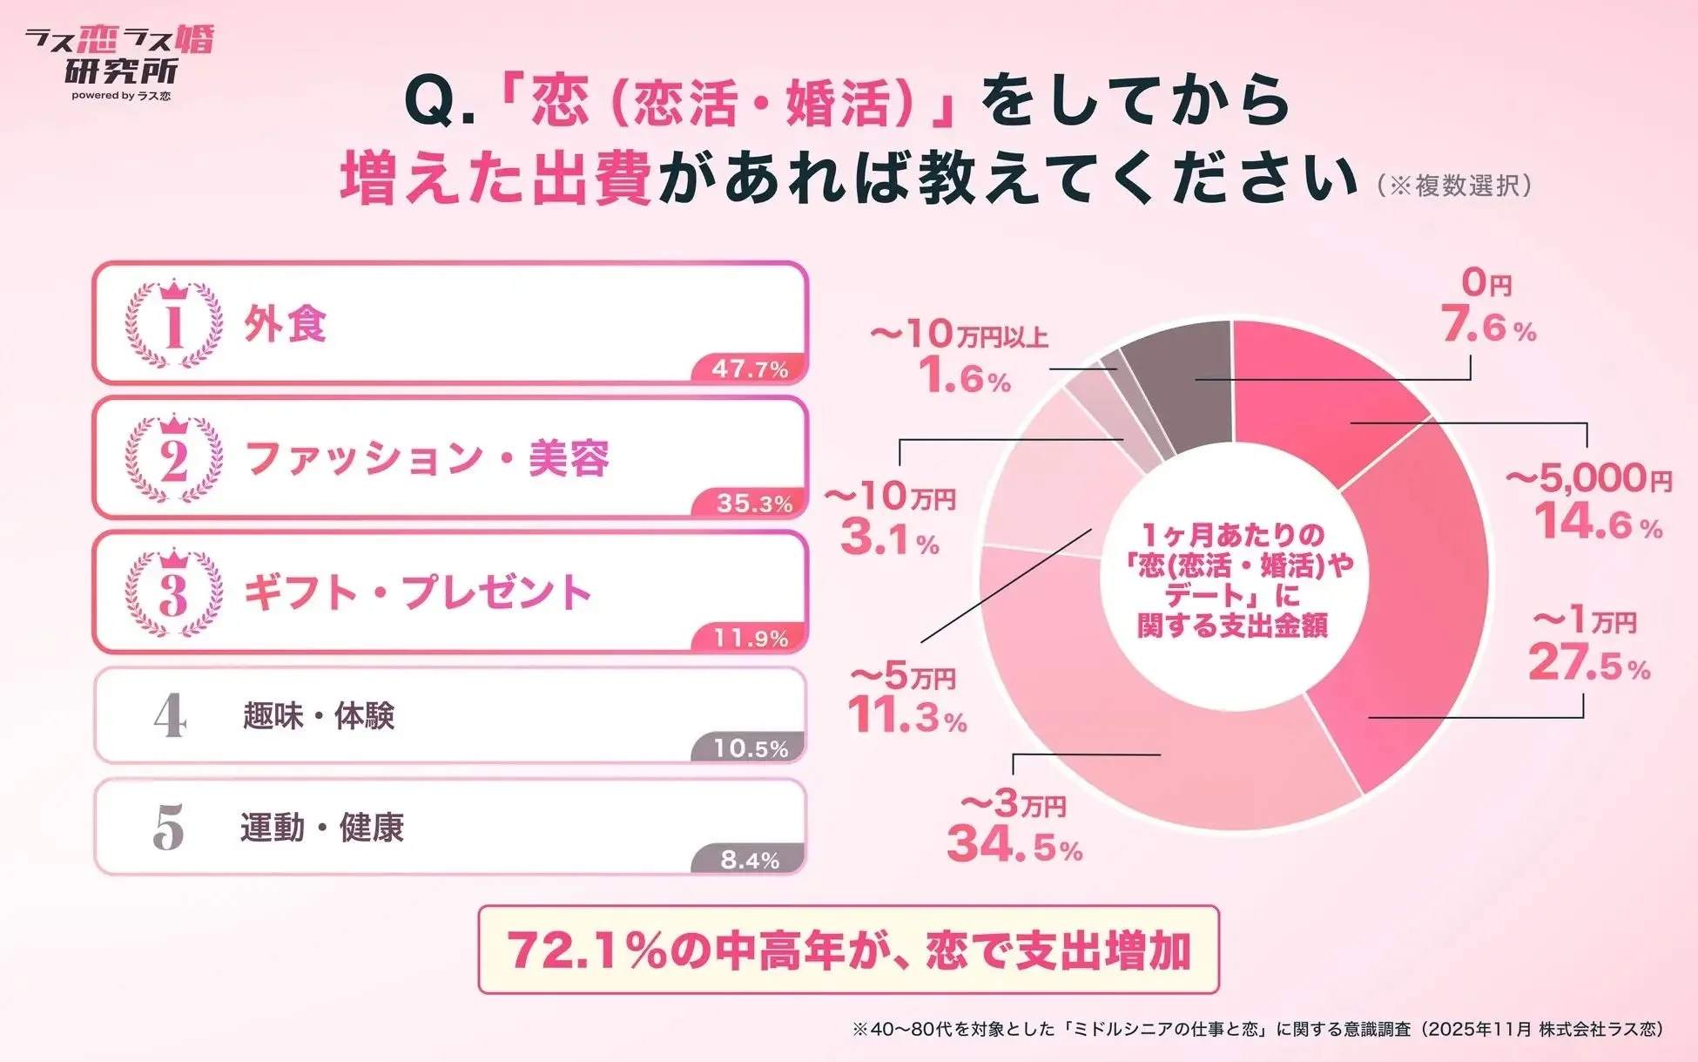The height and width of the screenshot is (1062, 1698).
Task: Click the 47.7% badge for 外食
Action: point(750,369)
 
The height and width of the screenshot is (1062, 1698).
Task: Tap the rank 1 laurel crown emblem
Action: point(174,324)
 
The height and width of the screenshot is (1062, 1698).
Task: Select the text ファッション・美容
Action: point(427,458)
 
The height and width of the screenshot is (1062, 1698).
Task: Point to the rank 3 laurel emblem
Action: point(174,593)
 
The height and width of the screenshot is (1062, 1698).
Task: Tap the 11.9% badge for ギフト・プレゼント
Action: point(751,639)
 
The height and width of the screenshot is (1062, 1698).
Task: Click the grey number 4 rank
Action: point(170,718)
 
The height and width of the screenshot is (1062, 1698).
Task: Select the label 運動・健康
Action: point(322,828)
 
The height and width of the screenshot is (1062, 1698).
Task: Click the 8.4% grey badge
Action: point(750,861)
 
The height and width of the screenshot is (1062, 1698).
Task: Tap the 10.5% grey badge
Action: point(751,749)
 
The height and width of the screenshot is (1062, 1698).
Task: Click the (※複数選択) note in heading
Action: point(1454,186)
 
